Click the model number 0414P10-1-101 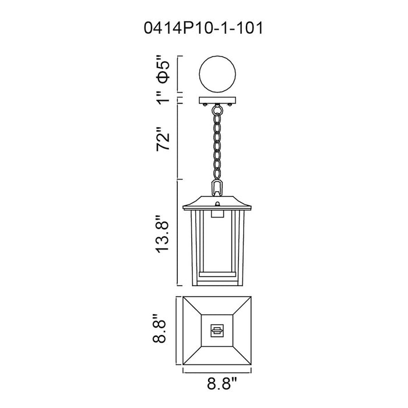click(x=203, y=28)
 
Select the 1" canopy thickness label click(x=164, y=97)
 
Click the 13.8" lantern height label click(x=163, y=233)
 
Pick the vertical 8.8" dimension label click(x=159, y=329)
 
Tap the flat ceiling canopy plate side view click(x=217, y=100)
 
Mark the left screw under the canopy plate click(x=205, y=104)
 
